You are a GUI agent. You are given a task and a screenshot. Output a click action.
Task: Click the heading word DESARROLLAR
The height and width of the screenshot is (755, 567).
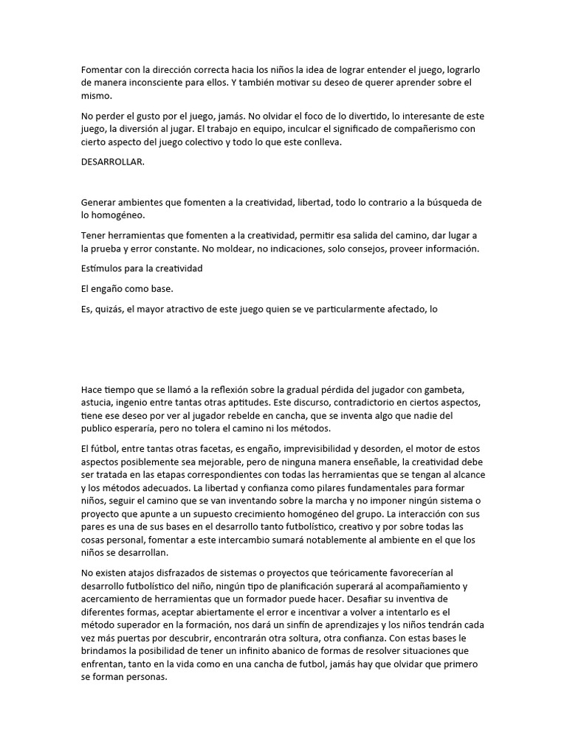coord(112,162)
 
